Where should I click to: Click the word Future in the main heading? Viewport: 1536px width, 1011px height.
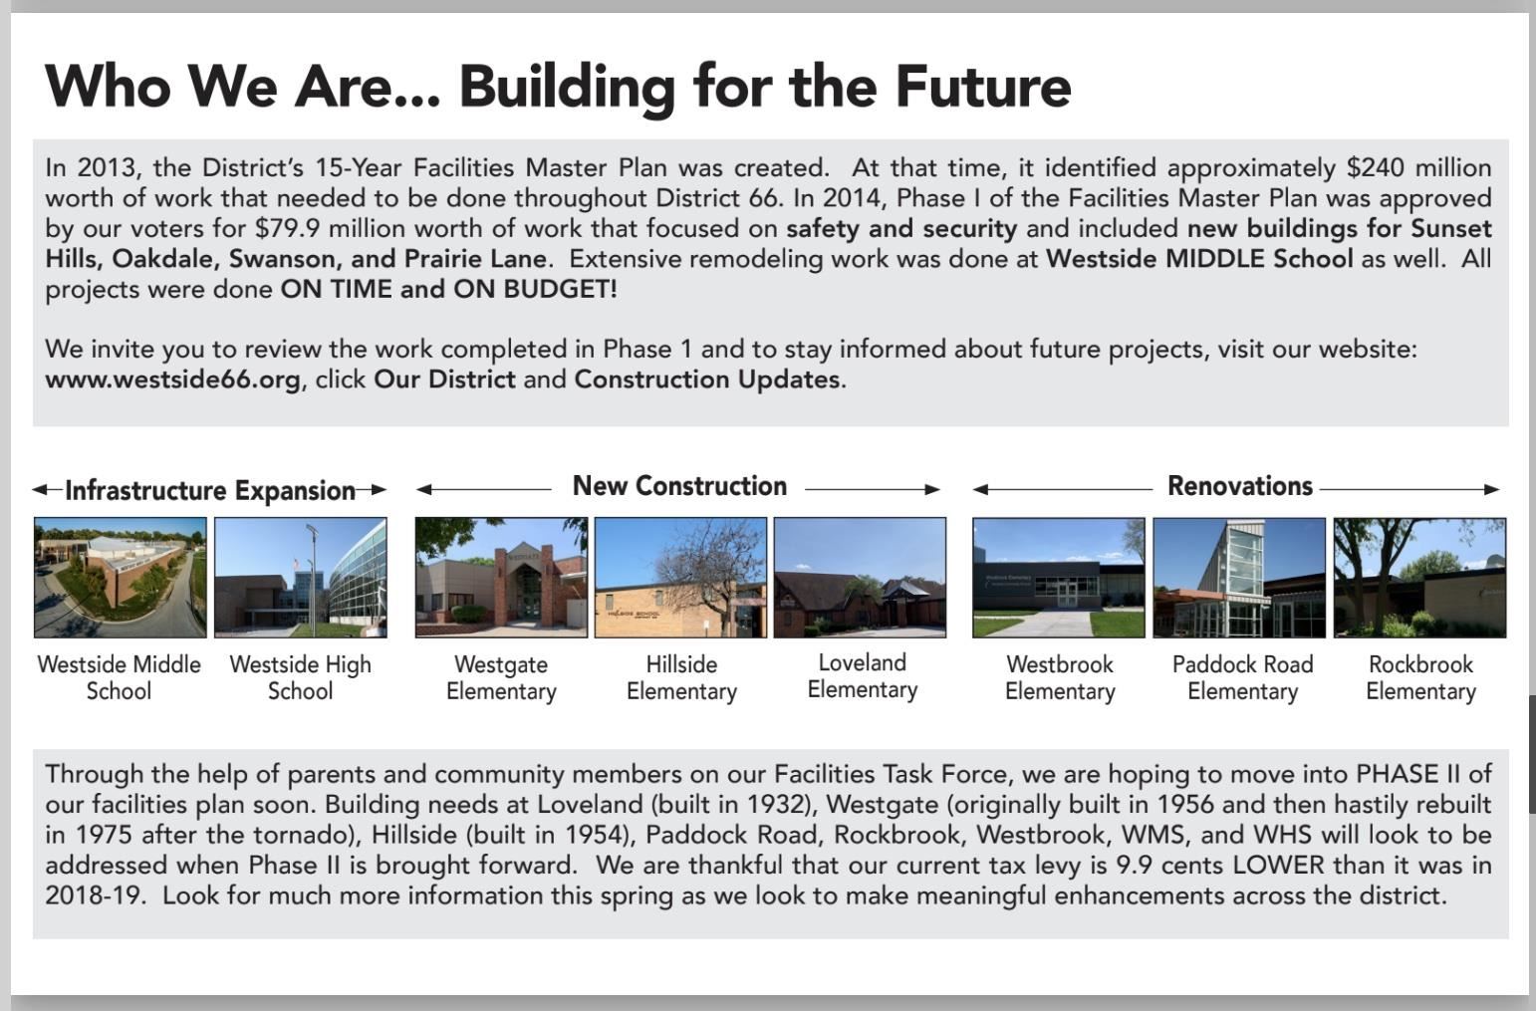[982, 87]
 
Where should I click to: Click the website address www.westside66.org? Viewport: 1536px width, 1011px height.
[172, 379]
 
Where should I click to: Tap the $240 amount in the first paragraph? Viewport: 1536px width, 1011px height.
[1375, 167]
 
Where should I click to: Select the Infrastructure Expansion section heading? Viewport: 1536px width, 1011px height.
[210, 491]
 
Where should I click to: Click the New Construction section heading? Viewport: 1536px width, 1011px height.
[679, 486]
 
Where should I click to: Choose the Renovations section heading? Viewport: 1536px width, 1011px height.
[1240, 486]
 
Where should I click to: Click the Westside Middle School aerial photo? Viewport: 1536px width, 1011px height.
[120, 578]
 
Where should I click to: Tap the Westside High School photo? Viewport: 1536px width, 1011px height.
[301, 578]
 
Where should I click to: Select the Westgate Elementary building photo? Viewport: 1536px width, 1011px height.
[501, 578]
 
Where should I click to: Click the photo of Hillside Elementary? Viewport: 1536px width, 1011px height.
[681, 578]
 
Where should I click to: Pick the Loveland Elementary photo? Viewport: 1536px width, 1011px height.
[860, 578]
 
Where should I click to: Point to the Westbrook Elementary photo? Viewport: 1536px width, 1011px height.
[1059, 578]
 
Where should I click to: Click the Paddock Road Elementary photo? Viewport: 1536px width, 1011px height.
[1239, 578]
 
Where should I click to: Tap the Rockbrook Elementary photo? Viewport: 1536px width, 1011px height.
[1420, 578]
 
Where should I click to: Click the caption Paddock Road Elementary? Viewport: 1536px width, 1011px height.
[1242, 677]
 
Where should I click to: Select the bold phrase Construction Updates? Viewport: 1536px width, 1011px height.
[707, 379]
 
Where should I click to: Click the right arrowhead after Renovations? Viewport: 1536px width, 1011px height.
[1492, 489]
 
